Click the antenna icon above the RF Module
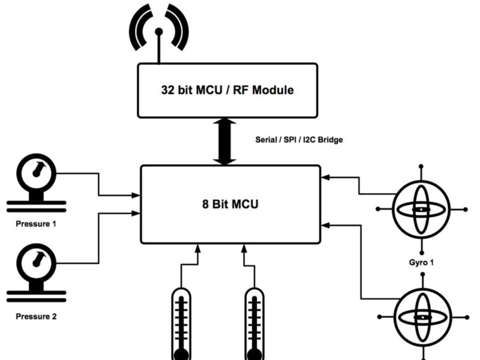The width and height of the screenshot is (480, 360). click(159, 30)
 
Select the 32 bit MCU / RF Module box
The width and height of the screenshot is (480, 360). click(227, 91)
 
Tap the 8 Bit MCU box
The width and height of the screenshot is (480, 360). click(230, 204)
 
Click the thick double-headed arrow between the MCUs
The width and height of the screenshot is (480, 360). click(225, 142)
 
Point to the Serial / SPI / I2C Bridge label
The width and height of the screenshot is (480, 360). click(299, 140)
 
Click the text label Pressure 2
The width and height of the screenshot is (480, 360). click(35, 316)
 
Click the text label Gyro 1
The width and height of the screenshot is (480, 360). click(421, 262)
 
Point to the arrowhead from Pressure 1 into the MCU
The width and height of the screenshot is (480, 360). click(136, 195)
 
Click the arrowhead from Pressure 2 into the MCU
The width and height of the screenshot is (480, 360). click(136, 212)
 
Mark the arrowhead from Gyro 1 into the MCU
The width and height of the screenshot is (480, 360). click(326, 177)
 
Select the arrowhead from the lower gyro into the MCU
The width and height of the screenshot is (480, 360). click(326, 225)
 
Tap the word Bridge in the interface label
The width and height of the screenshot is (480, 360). click(329, 140)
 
